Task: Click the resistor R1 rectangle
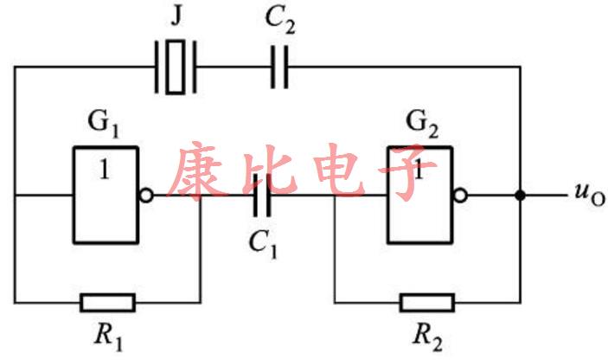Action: click(x=107, y=302)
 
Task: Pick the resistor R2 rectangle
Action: click(x=426, y=302)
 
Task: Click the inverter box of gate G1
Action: click(x=106, y=194)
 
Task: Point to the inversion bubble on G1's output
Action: click(x=147, y=196)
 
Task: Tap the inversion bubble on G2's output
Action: click(x=462, y=196)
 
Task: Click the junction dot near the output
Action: click(x=520, y=196)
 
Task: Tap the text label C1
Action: click(x=266, y=245)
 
